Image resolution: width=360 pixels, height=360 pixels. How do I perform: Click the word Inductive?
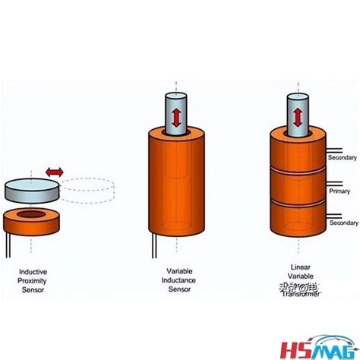click(x=31, y=270)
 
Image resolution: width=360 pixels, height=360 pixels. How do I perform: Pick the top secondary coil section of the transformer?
click(x=298, y=152)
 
